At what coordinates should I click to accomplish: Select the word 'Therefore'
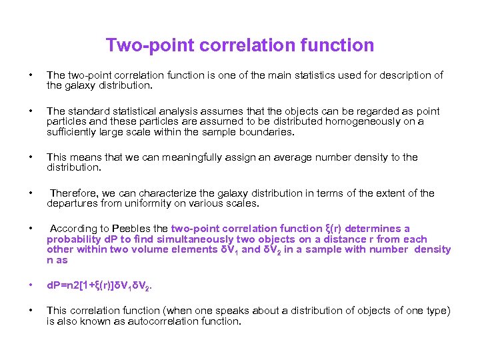(x=73, y=193)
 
